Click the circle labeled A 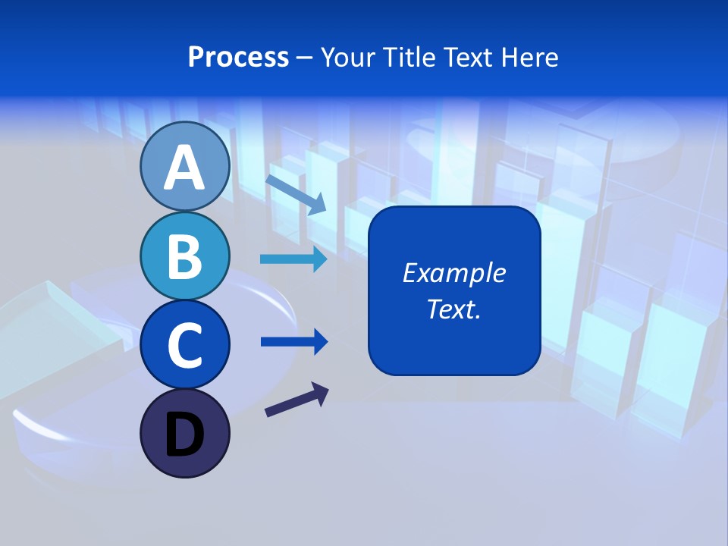pos(184,167)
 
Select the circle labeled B pos(184,256)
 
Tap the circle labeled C pos(184,344)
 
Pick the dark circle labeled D pos(184,433)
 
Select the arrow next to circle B pos(293,260)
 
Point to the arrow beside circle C pos(293,341)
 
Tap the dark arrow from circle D pos(297,400)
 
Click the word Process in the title pos(238,57)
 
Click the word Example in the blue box pos(453,273)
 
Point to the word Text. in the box pos(453,309)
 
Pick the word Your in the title pos(350,57)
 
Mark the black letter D pos(184,435)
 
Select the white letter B pos(184,256)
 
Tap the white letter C pos(184,345)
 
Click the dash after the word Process pos(305,58)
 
